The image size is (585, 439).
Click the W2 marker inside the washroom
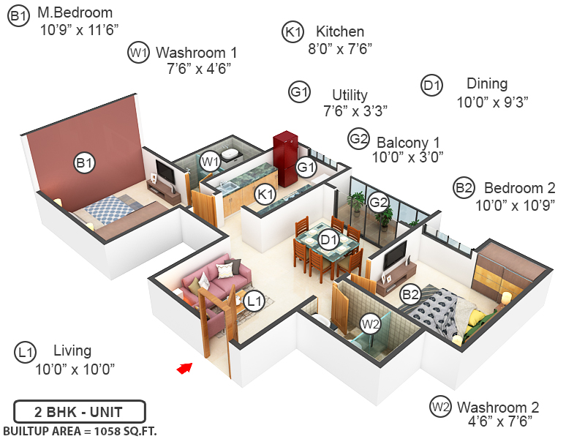(371, 322)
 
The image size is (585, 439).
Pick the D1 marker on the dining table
(328, 239)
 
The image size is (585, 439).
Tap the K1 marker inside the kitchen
(265, 194)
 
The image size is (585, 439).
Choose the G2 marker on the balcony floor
(378, 201)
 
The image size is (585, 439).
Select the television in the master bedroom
(165, 173)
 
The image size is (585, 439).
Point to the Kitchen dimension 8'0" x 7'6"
(340, 49)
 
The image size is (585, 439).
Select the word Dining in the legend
(487, 83)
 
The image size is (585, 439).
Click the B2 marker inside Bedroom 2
(410, 295)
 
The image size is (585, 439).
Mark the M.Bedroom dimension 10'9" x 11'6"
(80, 30)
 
